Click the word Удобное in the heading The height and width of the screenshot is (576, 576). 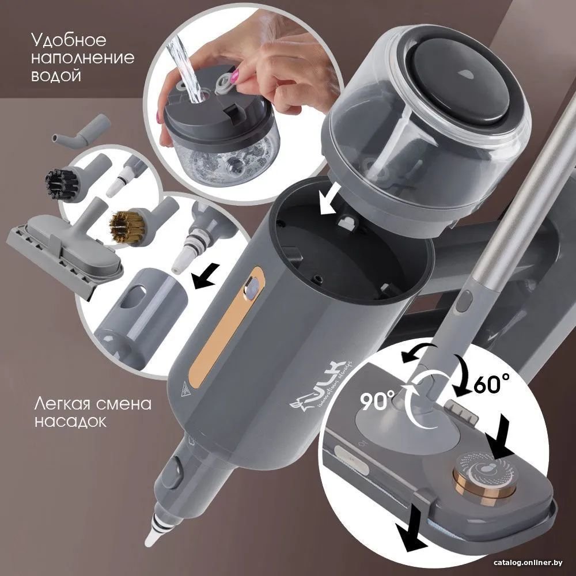coord(69,40)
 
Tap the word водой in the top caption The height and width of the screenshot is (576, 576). coord(56,75)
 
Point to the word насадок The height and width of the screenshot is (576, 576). coord(70,422)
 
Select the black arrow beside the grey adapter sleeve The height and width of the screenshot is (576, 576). coord(206,278)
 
